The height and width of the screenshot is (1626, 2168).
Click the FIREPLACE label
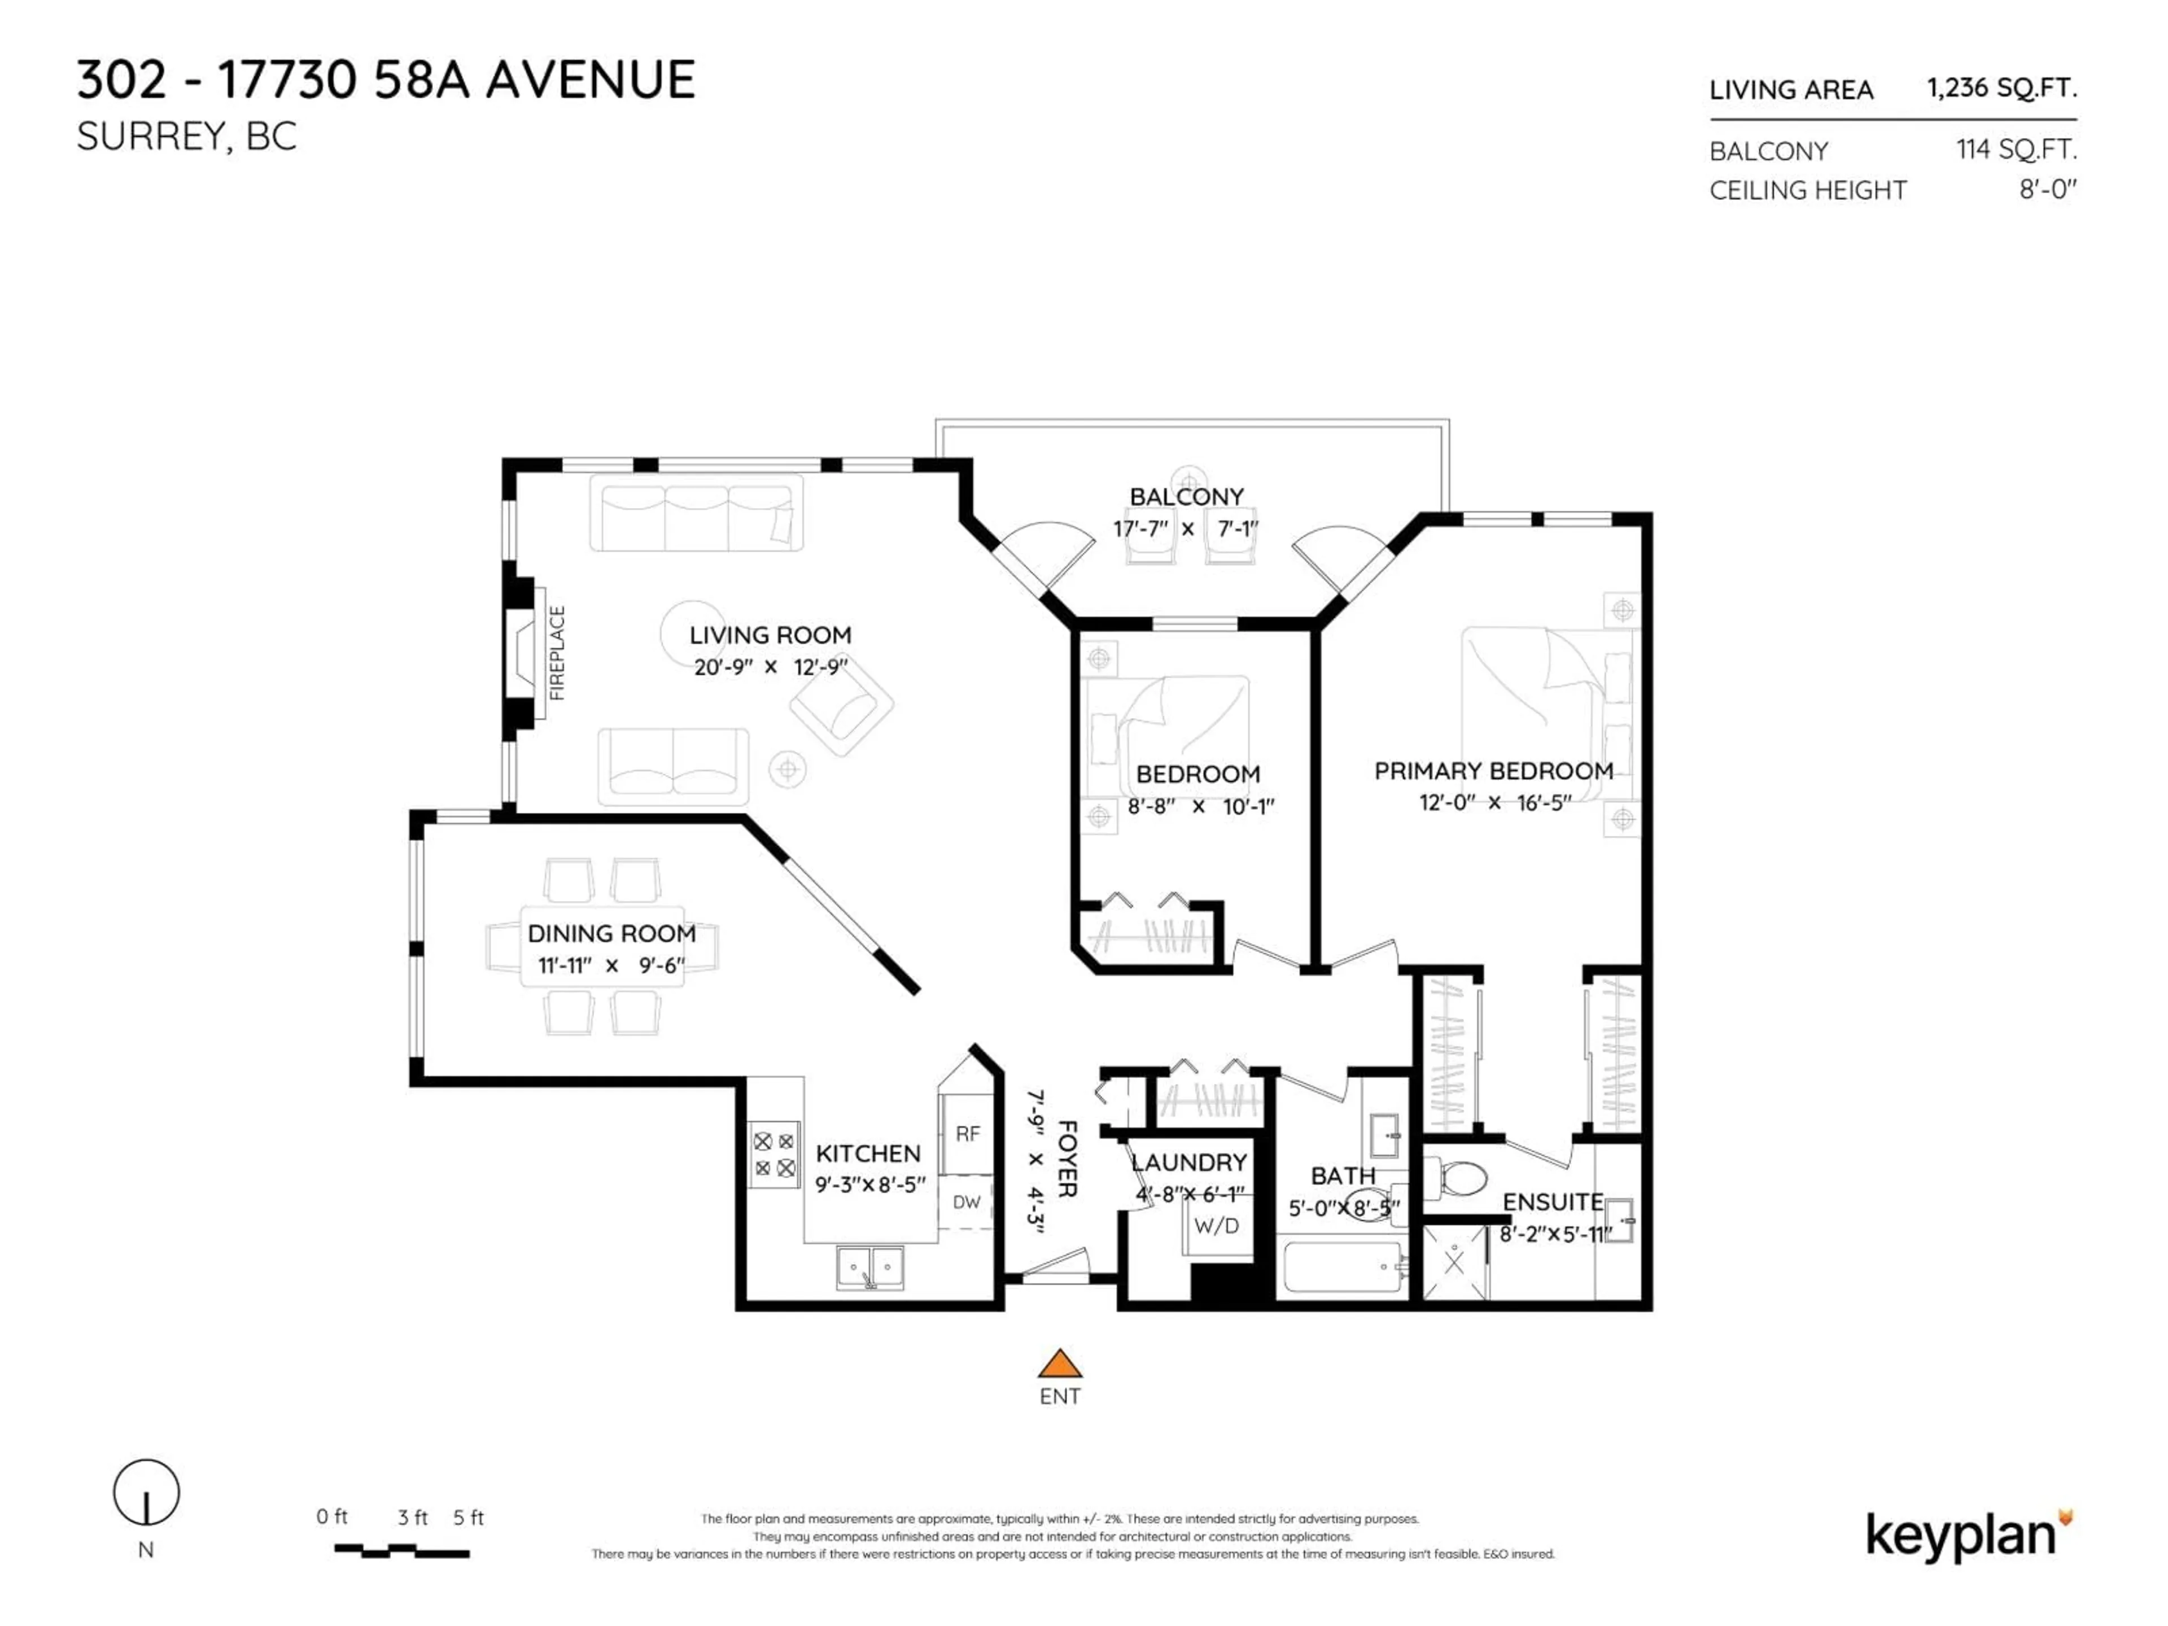coord(557,653)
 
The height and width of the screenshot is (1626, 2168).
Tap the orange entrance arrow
coord(1060,1363)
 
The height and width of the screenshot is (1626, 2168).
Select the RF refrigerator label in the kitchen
coord(967,1134)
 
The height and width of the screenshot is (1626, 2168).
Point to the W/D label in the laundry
coord(1216,1226)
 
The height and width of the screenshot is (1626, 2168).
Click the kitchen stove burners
coord(774,1155)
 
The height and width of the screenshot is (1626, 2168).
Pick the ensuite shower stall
coord(1454,1264)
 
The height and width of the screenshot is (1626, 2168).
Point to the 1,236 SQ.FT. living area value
coord(2001,88)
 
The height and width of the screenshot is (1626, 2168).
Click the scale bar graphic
coord(402,1550)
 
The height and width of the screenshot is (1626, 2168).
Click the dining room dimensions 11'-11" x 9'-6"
coord(611,965)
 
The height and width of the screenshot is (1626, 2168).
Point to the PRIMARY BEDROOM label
coord(1493,771)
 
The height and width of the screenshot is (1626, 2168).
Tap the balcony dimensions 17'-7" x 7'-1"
coord(1186,529)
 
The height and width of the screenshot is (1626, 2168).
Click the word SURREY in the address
coord(151,137)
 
